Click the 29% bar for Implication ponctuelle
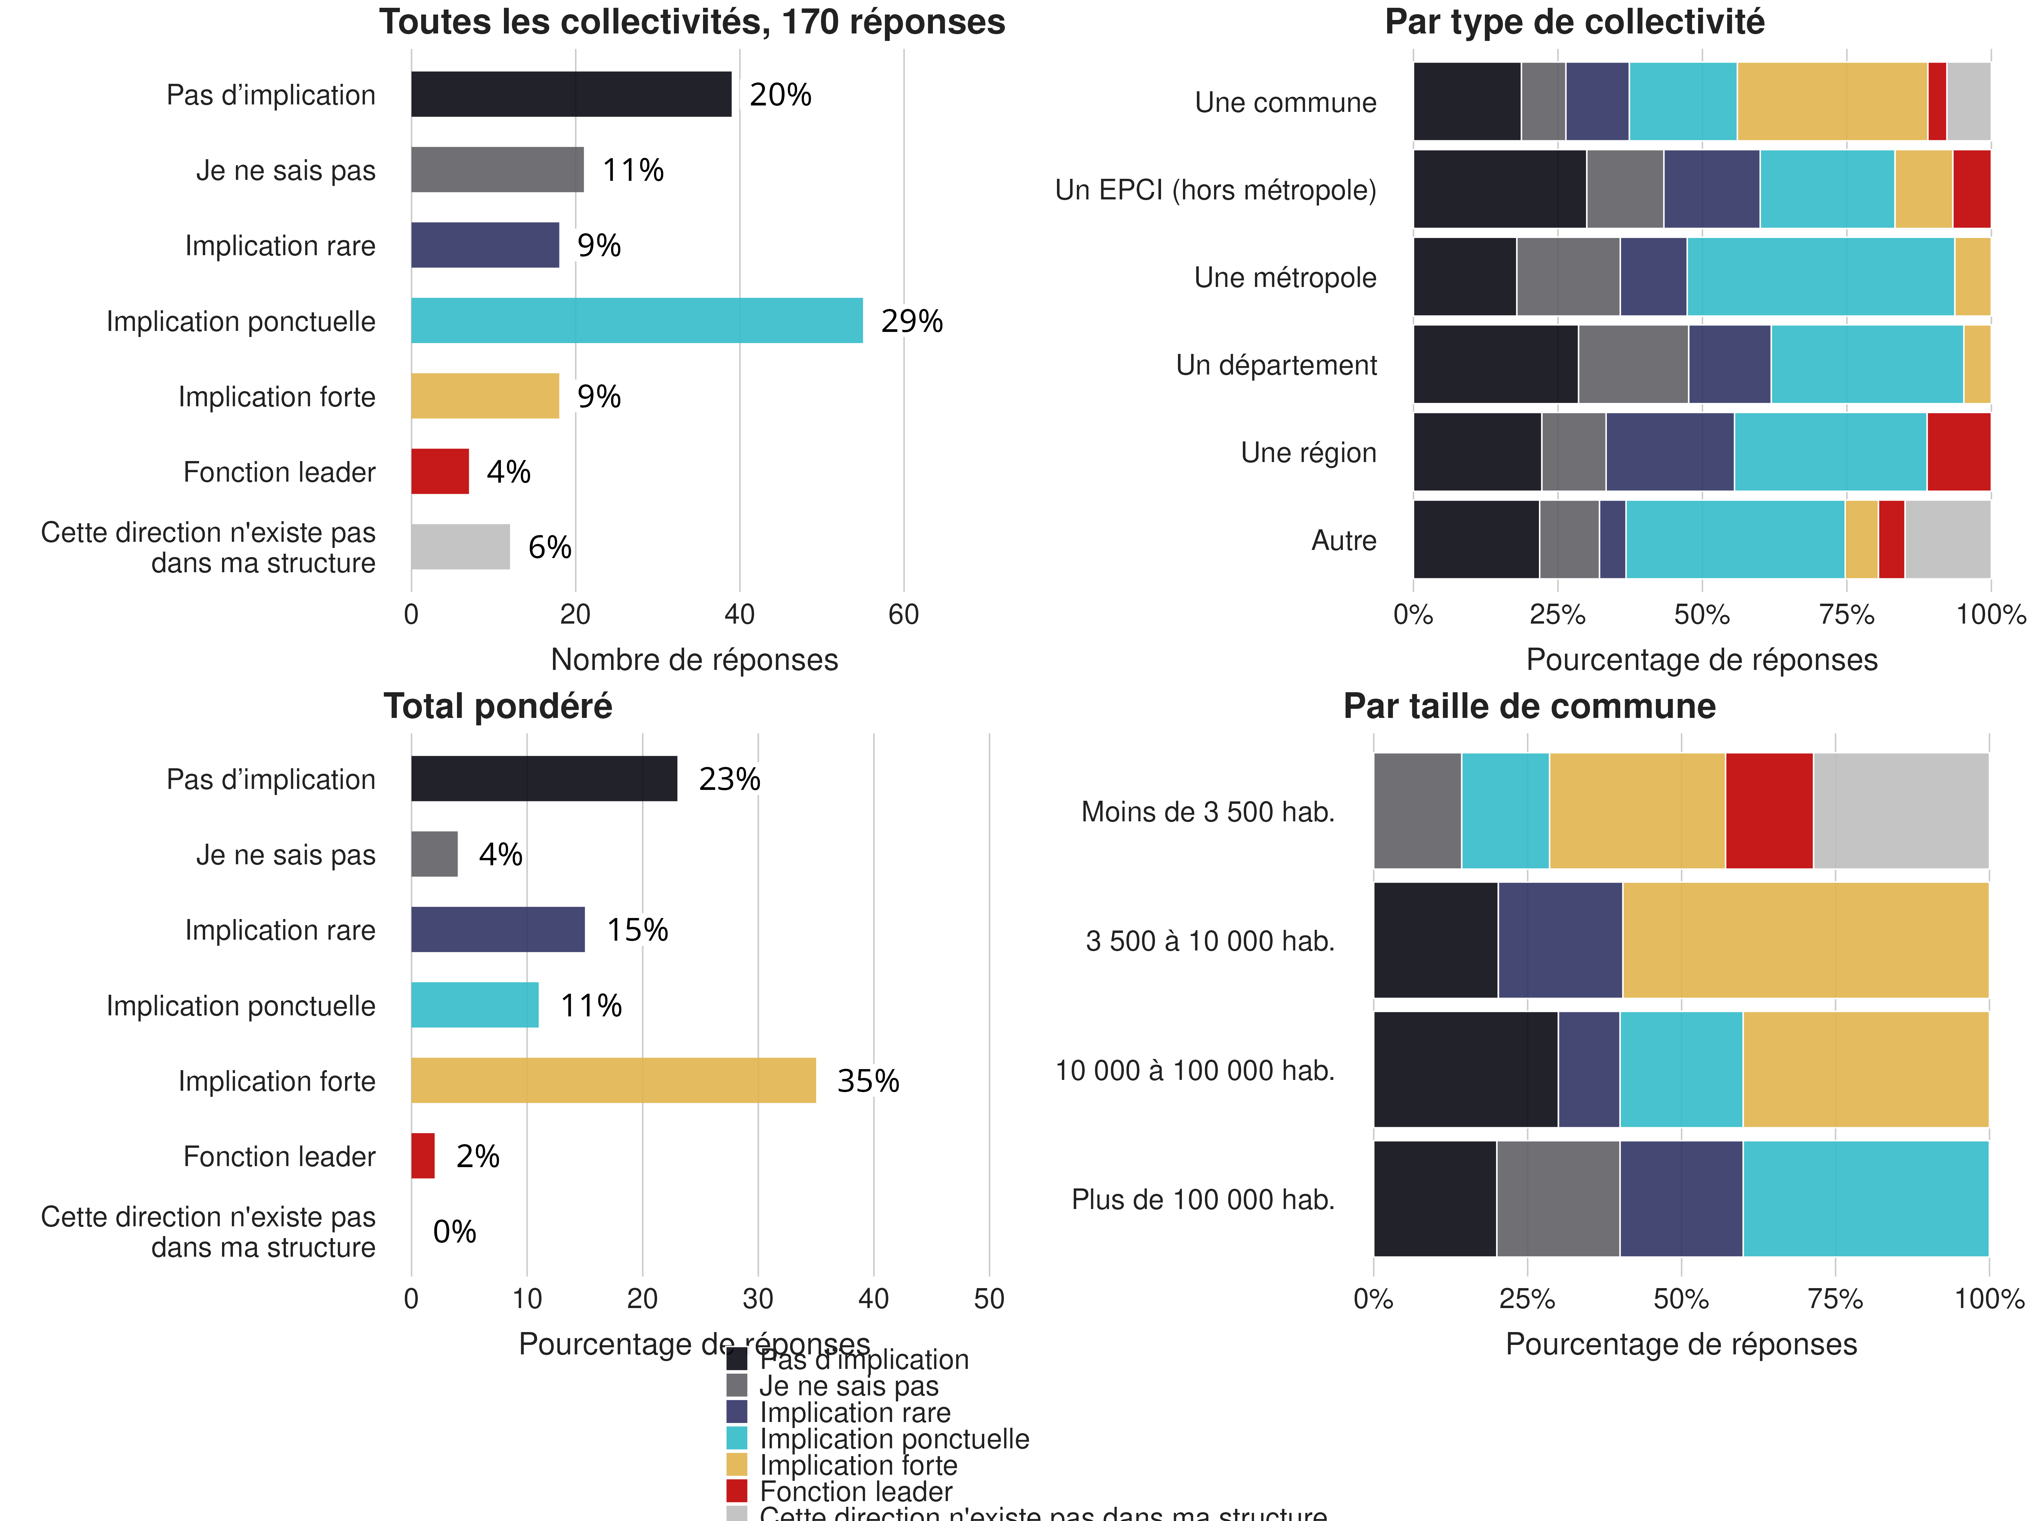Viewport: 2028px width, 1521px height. [x=636, y=321]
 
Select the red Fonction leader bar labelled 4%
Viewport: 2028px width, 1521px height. [x=440, y=471]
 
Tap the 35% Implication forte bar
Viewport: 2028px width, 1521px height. [x=612, y=1080]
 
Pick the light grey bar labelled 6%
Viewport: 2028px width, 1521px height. [x=460, y=547]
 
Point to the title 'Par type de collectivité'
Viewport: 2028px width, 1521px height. [x=1574, y=22]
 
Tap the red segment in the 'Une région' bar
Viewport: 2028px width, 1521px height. [x=1958, y=452]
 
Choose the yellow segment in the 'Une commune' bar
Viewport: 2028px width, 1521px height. [x=1832, y=102]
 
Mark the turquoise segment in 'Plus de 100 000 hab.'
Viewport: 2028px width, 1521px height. [x=1865, y=1198]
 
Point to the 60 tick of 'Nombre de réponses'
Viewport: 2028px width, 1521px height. [x=903, y=614]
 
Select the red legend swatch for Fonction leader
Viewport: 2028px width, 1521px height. [x=736, y=1491]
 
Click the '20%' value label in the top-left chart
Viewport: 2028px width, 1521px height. [x=780, y=94]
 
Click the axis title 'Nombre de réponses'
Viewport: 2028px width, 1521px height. [x=694, y=659]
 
